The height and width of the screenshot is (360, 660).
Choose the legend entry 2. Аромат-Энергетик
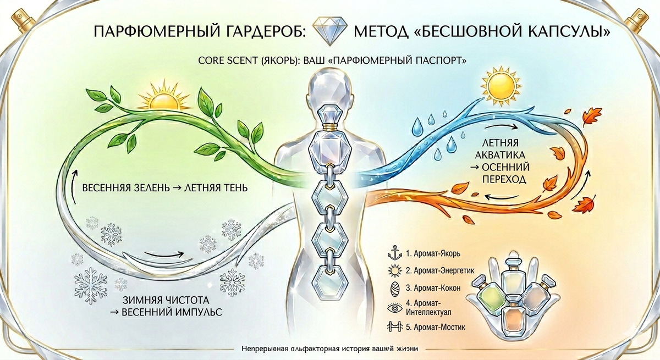pos(439,270)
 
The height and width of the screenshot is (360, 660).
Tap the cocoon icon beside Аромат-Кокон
pos(393,287)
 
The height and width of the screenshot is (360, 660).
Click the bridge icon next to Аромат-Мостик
pos(393,327)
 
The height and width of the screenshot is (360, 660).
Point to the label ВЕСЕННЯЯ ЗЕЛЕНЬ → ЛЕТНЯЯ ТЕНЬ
pos(164,188)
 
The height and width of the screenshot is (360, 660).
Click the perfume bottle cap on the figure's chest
pos(329,125)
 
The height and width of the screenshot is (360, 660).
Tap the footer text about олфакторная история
pos(330,349)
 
